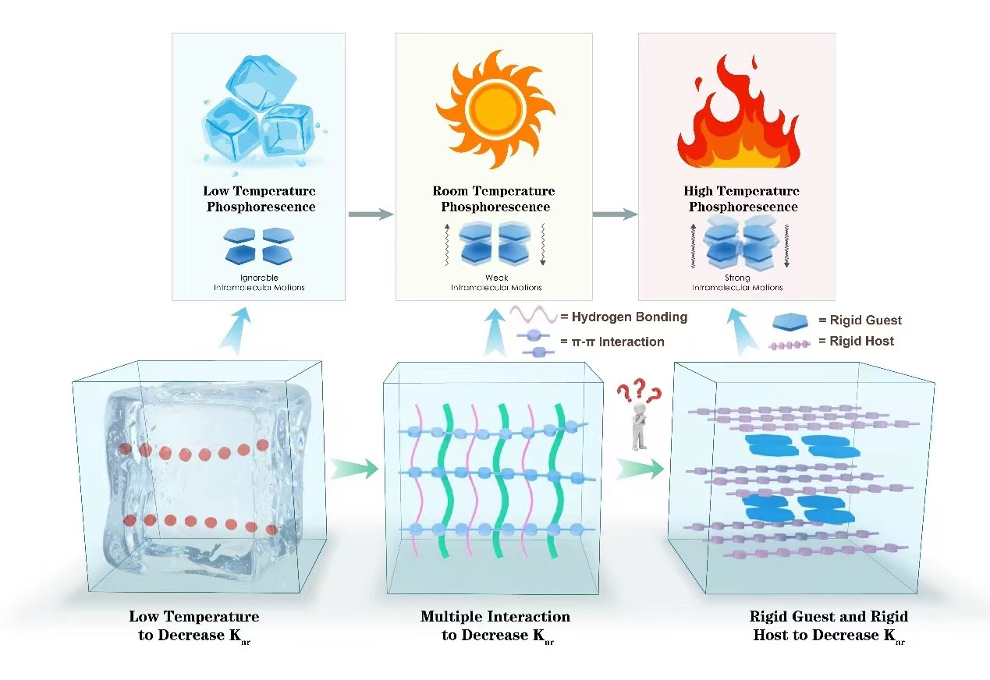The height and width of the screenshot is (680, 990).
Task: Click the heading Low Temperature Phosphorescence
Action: [x=260, y=199]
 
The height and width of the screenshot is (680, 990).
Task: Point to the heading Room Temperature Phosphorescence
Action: [x=494, y=199]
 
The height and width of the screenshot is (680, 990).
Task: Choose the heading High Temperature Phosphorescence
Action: [x=742, y=199]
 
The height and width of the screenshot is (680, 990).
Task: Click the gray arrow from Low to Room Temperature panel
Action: [x=371, y=214]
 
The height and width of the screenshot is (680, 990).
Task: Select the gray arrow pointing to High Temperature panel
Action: [x=615, y=214]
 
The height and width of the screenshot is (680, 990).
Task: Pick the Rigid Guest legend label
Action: [x=860, y=320]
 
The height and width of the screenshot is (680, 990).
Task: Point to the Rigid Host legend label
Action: [x=856, y=341]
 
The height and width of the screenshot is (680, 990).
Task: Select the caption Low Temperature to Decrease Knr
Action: [x=193, y=626]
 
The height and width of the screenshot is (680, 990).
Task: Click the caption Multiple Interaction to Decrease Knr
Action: [x=495, y=626]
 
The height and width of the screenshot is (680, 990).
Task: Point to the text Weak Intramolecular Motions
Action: [x=496, y=283]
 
